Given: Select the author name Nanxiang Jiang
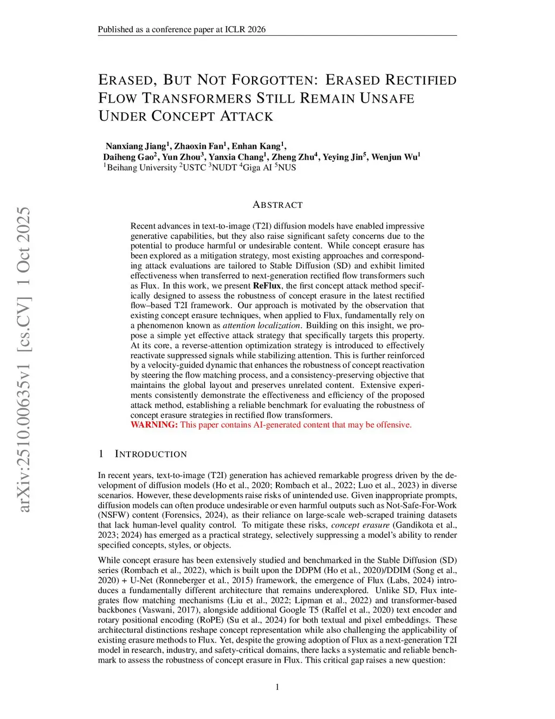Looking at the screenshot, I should click(135, 146).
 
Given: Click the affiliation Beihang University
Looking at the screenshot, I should click(141, 168).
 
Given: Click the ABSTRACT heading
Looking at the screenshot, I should click(277, 205).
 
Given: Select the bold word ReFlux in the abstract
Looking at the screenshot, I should click(267, 285).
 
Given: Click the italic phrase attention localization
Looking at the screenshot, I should click(261, 325).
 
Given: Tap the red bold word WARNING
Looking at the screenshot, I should click(154, 424).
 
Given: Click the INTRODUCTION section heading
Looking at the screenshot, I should click(151, 454).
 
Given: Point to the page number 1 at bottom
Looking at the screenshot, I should click(277, 687).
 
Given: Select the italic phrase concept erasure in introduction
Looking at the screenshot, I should click(360, 525).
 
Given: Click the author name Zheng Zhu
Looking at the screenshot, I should click(293, 157).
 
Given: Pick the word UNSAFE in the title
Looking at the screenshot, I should click(387, 98).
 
